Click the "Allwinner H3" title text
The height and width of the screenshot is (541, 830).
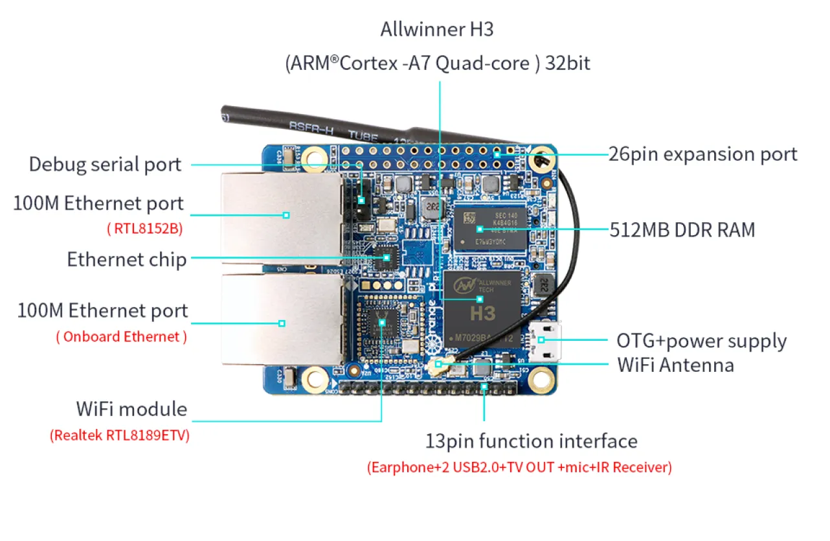[x=437, y=30]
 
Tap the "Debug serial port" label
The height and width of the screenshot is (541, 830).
[x=105, y=164]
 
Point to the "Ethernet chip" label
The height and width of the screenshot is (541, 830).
[x=127, y=260]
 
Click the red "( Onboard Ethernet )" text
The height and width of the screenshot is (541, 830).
[x=122, y=336]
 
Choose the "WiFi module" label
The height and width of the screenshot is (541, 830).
[x=131, y=409]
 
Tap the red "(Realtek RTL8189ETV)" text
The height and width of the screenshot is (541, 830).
[x=120, y=435]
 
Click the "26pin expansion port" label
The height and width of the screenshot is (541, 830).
[x=702, y=154]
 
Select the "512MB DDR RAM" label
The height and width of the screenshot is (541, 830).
[x=682, y=229]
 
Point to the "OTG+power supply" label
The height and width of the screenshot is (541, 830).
[x=701, y=341]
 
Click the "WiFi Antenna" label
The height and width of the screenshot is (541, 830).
[x=675, y=365]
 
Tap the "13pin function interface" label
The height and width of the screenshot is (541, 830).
[x=531, y=441]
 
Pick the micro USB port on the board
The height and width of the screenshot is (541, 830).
[x=546, y=340]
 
